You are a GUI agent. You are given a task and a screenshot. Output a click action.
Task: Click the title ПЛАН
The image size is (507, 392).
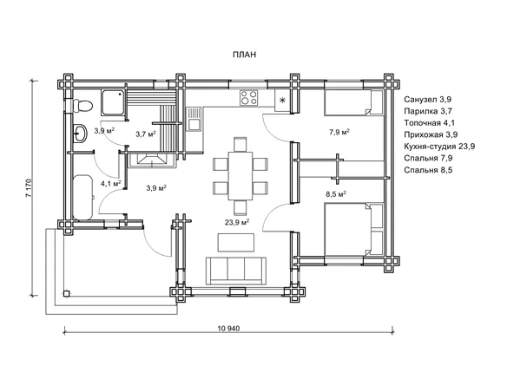point(245,55)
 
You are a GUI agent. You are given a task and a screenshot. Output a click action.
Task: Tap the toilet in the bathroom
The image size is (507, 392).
point(82,105)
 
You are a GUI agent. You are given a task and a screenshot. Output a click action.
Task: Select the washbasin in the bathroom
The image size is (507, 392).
point(81,133)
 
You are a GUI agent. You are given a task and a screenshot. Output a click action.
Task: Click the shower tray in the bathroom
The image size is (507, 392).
point(113,102)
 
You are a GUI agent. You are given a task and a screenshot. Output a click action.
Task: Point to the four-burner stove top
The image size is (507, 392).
point(248,97)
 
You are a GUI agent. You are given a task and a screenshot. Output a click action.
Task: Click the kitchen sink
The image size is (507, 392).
point(194,119)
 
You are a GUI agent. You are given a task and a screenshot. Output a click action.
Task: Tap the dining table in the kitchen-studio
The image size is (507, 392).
point(240,176)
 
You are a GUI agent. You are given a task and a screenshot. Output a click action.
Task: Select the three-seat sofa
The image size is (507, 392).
point(236,271)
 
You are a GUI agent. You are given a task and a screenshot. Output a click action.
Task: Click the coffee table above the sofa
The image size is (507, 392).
point(236,242)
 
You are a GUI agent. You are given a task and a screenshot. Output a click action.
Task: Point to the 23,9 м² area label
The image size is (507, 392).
point(237,222)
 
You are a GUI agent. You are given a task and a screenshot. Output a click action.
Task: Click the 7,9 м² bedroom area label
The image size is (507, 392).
point(339,132)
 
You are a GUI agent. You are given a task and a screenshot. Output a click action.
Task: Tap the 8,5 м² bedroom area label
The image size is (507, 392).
point(336,194)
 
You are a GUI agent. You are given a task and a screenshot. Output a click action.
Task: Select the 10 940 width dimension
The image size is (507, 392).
point(229,329)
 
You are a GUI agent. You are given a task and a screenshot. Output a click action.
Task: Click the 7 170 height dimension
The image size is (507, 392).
point(28,187)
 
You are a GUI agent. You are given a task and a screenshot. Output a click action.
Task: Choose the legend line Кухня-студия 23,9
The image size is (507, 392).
point(439,147)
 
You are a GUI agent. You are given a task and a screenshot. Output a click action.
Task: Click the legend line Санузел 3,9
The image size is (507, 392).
point(427,99)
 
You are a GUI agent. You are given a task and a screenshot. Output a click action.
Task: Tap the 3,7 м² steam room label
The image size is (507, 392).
point(146,134)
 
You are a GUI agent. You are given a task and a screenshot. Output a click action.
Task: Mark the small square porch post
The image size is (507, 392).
point(66,293)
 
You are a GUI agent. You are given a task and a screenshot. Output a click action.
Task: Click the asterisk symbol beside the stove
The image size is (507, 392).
point(282,101)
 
